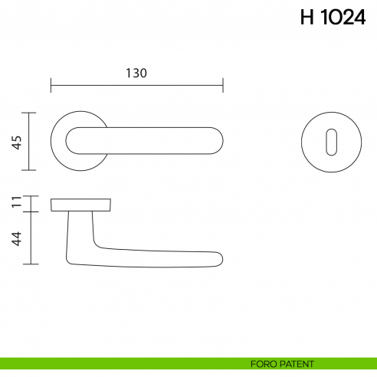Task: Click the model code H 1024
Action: (x=333, y=18)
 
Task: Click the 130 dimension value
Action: (x=136, y=73)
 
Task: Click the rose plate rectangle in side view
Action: (x=81, y=205)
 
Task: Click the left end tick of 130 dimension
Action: (x=51, y=84)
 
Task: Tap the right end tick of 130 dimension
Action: (x=222, y=84)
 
